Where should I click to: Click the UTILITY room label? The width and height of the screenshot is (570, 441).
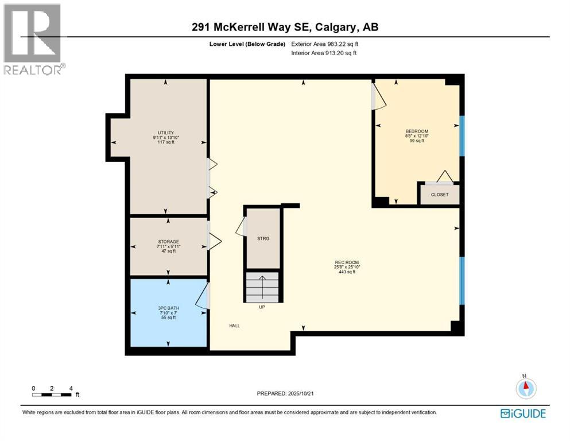pos(166,133)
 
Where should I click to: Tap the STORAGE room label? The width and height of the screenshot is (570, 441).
pos(169,242)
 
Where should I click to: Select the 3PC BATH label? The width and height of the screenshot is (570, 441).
pos(169,308)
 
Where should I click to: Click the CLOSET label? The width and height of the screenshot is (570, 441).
pos(439,195)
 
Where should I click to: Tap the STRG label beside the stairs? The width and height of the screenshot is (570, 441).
pos(263,238)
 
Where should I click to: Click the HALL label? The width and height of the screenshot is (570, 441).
pos(235,326)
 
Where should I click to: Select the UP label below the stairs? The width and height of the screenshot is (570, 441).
pos(262,307)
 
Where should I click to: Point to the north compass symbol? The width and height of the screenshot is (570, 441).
pos(525,388)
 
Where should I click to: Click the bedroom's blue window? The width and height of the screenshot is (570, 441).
pos(461,136)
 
